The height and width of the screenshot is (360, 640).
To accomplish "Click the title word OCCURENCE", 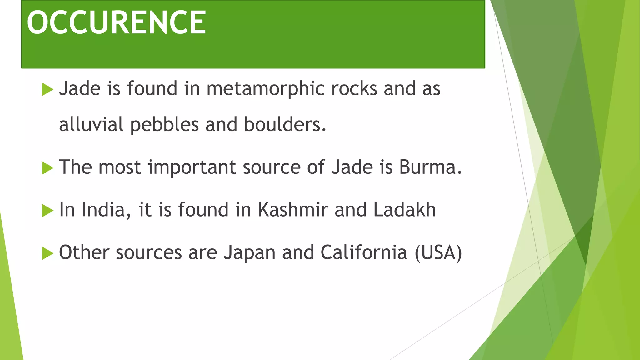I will (116, 22).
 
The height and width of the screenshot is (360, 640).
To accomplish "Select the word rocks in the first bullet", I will (354, 89).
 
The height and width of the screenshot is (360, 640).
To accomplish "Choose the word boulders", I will (285, 124).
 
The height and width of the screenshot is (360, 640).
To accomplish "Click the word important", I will (192, 167).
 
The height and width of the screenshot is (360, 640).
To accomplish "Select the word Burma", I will (430, 167).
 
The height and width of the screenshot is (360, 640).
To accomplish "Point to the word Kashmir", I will (293, 210).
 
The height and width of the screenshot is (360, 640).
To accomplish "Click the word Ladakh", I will (404, 210).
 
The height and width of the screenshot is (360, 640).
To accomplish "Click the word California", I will (364, 252).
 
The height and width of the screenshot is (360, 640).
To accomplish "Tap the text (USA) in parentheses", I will (438, 252).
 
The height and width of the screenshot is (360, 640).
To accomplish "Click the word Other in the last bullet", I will (84, 252).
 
